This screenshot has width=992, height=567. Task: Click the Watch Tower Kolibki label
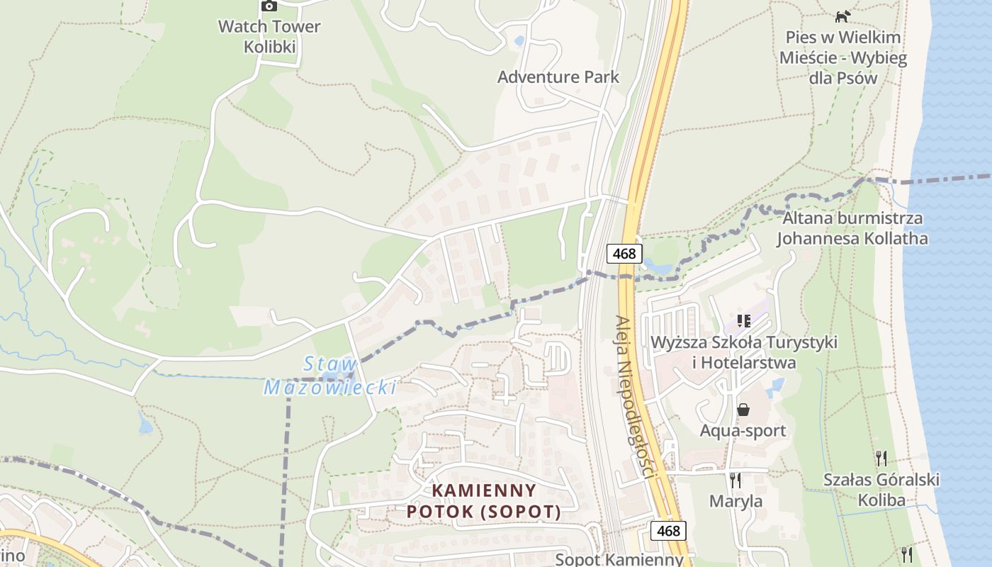tap(269, 37)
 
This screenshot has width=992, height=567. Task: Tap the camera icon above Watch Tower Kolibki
tap(269, 6)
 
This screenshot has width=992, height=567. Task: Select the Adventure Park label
tap(558, 77)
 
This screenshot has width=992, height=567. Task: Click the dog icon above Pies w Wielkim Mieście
tap(842, 16)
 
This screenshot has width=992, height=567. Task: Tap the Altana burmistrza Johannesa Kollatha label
tap(852, 228)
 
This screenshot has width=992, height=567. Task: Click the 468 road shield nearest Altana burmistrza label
tap(624, 253)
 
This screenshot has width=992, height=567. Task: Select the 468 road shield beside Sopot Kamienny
tap(668, 530)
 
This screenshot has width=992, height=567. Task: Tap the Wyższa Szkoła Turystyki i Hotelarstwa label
tap(744, 352)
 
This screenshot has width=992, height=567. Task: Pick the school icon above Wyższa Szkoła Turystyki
tap(743, 321)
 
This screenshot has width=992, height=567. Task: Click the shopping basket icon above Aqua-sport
tap(743, 410)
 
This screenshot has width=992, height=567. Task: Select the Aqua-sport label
tap(743, 430)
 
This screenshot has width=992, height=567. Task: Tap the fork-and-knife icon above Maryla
tap(735, 480)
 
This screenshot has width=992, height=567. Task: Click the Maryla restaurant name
tap(736, 501)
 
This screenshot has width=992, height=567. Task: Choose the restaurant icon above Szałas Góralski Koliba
tap(881, 458)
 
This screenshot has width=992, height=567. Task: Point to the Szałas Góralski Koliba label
tap(881, 490)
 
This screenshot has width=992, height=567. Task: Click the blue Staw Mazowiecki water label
tap(329, 376)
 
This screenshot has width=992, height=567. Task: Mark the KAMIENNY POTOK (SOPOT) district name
tap(484, 500)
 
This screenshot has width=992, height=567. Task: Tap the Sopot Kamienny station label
tap(619, 558)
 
